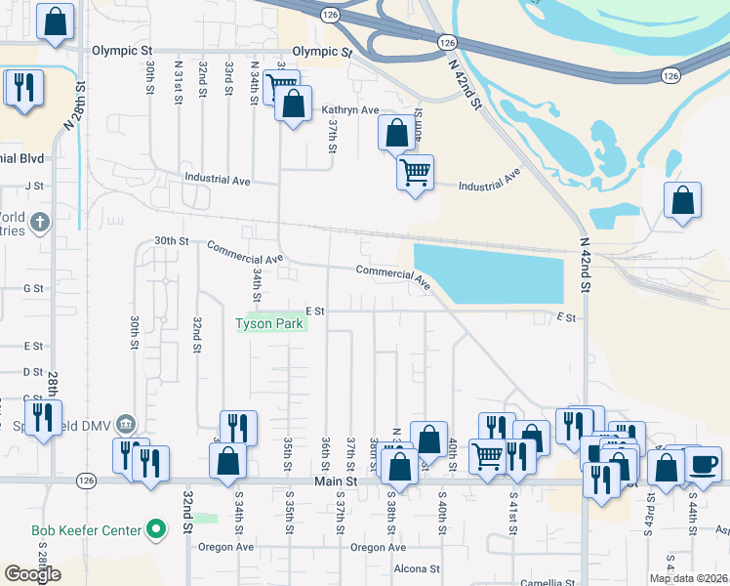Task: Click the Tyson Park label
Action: click(x=270, y=324)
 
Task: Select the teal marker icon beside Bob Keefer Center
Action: click(x=156, y=531)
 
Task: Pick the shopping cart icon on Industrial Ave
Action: click(x=415, y=173)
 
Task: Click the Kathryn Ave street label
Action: click(x=350, y=110)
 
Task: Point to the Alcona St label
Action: click(x=417, y=568)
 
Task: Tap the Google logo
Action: click(x=33, y=574)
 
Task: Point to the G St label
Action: click(x=34, y=288)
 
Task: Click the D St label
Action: click(x=33, y=372)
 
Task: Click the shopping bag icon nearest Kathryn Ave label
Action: click(x=293, y=103)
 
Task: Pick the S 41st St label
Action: click(x=513, y=512)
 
